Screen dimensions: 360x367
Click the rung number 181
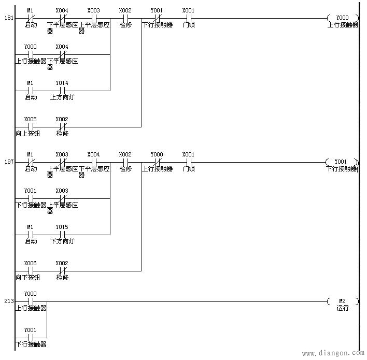tap(9, 18)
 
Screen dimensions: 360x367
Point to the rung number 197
tap(9, 162)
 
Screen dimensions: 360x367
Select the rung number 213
tap(9, 301)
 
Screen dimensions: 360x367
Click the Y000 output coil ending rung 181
tap(342, 18)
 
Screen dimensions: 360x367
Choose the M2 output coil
tap(342, 301)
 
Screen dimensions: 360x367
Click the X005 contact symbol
tap(31, 126)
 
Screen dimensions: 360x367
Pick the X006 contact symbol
tap(31, 270)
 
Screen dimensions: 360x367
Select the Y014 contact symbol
tap(62, 90)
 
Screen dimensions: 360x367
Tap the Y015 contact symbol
tap(62, 234)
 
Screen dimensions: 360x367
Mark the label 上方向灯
tap(62, 97)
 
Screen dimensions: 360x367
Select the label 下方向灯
tap(62, 241)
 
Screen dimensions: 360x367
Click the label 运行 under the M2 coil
tap(342, 309)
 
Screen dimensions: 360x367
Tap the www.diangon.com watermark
tap(332, 354)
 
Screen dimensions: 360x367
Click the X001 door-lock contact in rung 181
tap(189, 18)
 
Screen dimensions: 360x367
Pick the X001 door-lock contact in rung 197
tap(189, 162)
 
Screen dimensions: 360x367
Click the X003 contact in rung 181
tap(94, 18)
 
